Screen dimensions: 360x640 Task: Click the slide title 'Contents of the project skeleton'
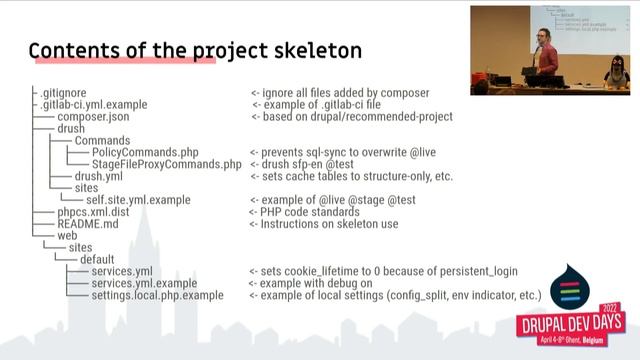195,51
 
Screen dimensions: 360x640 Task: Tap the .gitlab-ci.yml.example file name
94,104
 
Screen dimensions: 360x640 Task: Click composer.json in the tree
92,117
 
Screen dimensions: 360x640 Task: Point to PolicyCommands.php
145,152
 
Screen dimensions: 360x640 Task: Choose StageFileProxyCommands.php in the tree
166,164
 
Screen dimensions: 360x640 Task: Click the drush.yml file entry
99,177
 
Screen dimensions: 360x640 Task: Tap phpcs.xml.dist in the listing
94,212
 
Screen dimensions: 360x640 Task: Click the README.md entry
88,224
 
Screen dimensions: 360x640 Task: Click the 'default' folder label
103,259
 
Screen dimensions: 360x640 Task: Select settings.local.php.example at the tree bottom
157,296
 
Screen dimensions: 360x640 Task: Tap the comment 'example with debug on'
316,284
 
